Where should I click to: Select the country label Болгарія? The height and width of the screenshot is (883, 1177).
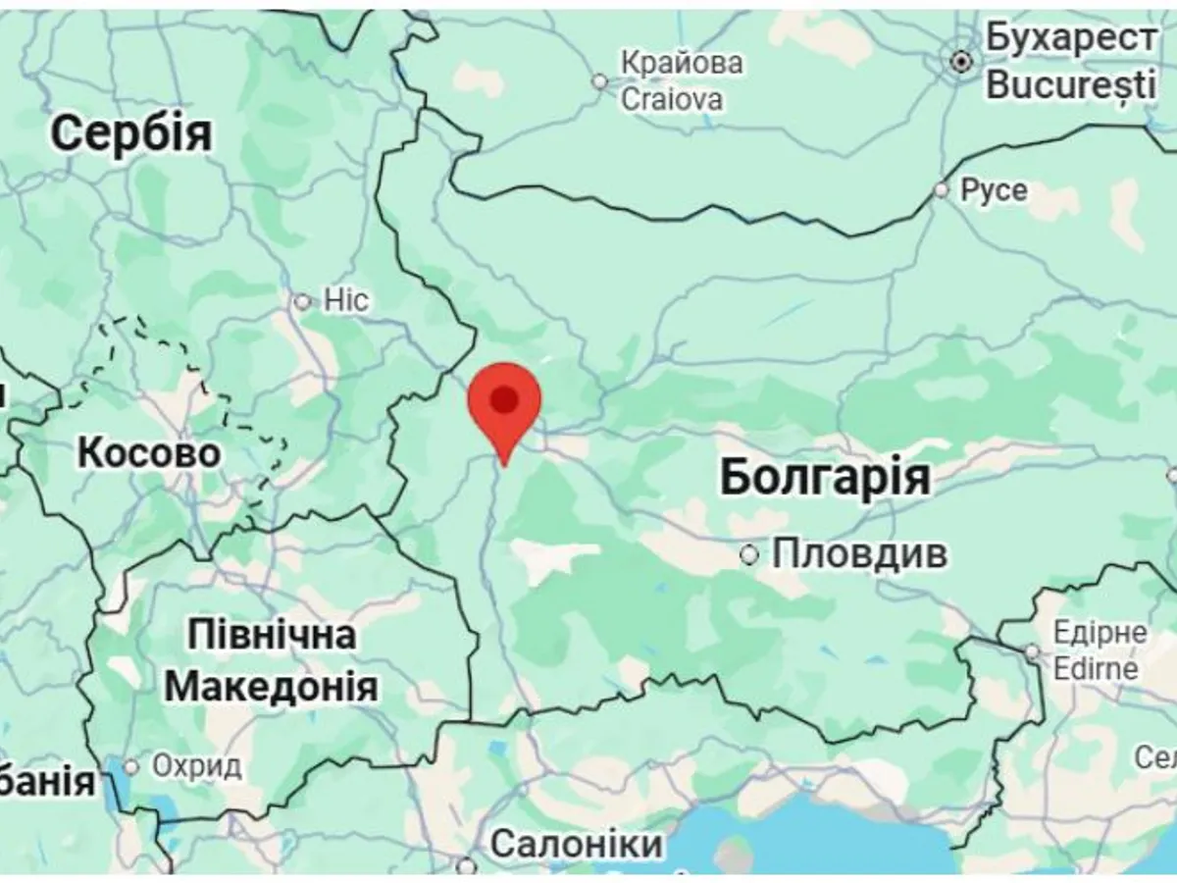click(x=824, y=478)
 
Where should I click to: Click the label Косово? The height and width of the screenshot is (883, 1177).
click(x=148, y=453)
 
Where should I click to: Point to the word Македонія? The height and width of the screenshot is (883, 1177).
click(x=271, y=686)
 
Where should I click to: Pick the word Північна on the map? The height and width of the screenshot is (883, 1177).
click(x=271, y=634)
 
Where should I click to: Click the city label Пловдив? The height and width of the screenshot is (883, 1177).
click(x=859, y=554)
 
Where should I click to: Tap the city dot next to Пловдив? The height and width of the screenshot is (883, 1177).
click(x=749, y=555)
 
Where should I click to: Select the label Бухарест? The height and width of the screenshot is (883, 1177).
click(x=1071, y=39)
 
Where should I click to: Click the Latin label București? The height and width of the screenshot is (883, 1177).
click(x=1071, y=84)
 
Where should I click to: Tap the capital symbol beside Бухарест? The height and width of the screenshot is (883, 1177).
click(x=962, y=62)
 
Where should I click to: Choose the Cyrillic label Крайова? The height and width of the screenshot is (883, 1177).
click(x=682, y=63)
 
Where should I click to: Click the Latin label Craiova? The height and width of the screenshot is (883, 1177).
click(x=673, y=98)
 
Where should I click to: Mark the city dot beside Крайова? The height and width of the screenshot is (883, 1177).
click(x=600, y=81)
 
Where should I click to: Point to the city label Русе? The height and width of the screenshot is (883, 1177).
click(x=994, y=190)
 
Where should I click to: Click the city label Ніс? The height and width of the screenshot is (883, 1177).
click(x=346, y=299)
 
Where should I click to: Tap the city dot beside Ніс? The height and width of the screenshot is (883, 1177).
click(x=302, y=301)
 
